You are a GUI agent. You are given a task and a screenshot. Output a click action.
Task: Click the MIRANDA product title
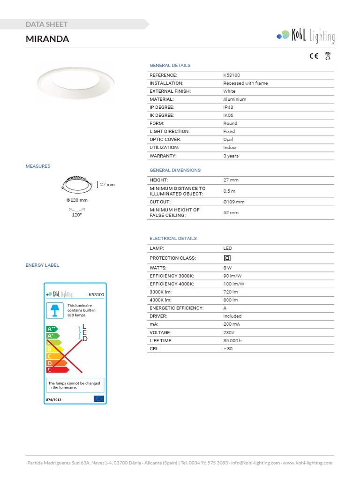click(47, 39)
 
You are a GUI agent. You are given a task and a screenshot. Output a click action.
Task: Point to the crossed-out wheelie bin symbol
click(328, 56)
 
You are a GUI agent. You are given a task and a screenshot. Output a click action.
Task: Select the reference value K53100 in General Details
click(232, 75)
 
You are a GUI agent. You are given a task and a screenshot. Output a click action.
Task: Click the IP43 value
click(228, 107)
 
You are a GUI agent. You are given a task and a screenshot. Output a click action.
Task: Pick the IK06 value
click(228, 115)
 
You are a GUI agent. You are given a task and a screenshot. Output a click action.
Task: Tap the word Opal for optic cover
click(228, 140)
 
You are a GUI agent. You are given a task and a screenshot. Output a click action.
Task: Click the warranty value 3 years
click(231, 156)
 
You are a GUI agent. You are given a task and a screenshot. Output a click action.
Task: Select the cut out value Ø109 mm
click(234, 202)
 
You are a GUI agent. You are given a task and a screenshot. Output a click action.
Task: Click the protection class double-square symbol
click(227, 258)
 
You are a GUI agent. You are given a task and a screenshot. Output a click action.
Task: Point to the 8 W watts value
click(227, 268)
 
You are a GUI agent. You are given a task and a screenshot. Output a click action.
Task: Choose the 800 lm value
click(231, 300)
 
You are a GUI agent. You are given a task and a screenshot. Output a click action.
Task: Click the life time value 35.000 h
click(232, 340)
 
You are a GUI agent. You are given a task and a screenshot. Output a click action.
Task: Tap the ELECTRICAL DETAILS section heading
click(173, 239)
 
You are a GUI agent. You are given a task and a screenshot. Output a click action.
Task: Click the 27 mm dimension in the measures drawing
click(108, 185)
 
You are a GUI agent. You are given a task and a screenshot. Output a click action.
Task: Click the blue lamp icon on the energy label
click(55, 310)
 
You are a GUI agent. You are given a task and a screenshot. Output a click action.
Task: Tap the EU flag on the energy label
click(98, 398)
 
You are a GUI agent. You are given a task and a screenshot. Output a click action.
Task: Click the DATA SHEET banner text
click(47, 24)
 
